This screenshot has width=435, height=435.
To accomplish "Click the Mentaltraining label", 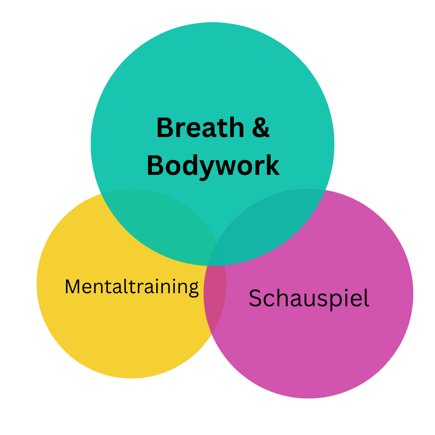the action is [x=131, y=287].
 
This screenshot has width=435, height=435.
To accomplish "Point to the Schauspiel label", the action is [x=309, y=299].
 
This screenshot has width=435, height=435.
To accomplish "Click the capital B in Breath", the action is [x=164, y=128].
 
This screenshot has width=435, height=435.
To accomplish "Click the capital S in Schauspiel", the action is [x=255, y=299].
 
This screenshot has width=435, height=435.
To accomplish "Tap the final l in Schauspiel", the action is [x=366, y=298].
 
